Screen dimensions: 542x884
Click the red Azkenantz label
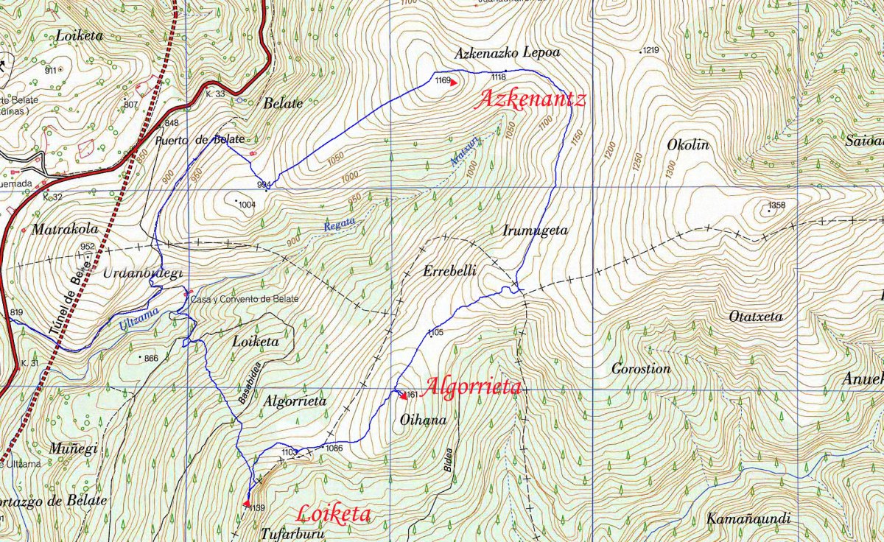[530, 99]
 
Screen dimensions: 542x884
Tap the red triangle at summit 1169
[454, 82]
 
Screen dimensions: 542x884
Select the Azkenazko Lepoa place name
[507, 53]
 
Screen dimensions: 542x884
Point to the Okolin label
[687, 145]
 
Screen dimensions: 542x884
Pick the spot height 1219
[650, 51]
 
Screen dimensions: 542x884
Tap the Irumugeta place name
[535, 230]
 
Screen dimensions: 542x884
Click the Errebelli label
[450, 271]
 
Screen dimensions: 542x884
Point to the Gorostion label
[641, 369]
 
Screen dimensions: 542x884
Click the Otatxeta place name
[755, 317]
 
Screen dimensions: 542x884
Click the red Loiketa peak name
[333, 514]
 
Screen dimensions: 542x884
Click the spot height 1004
[246, 205]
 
